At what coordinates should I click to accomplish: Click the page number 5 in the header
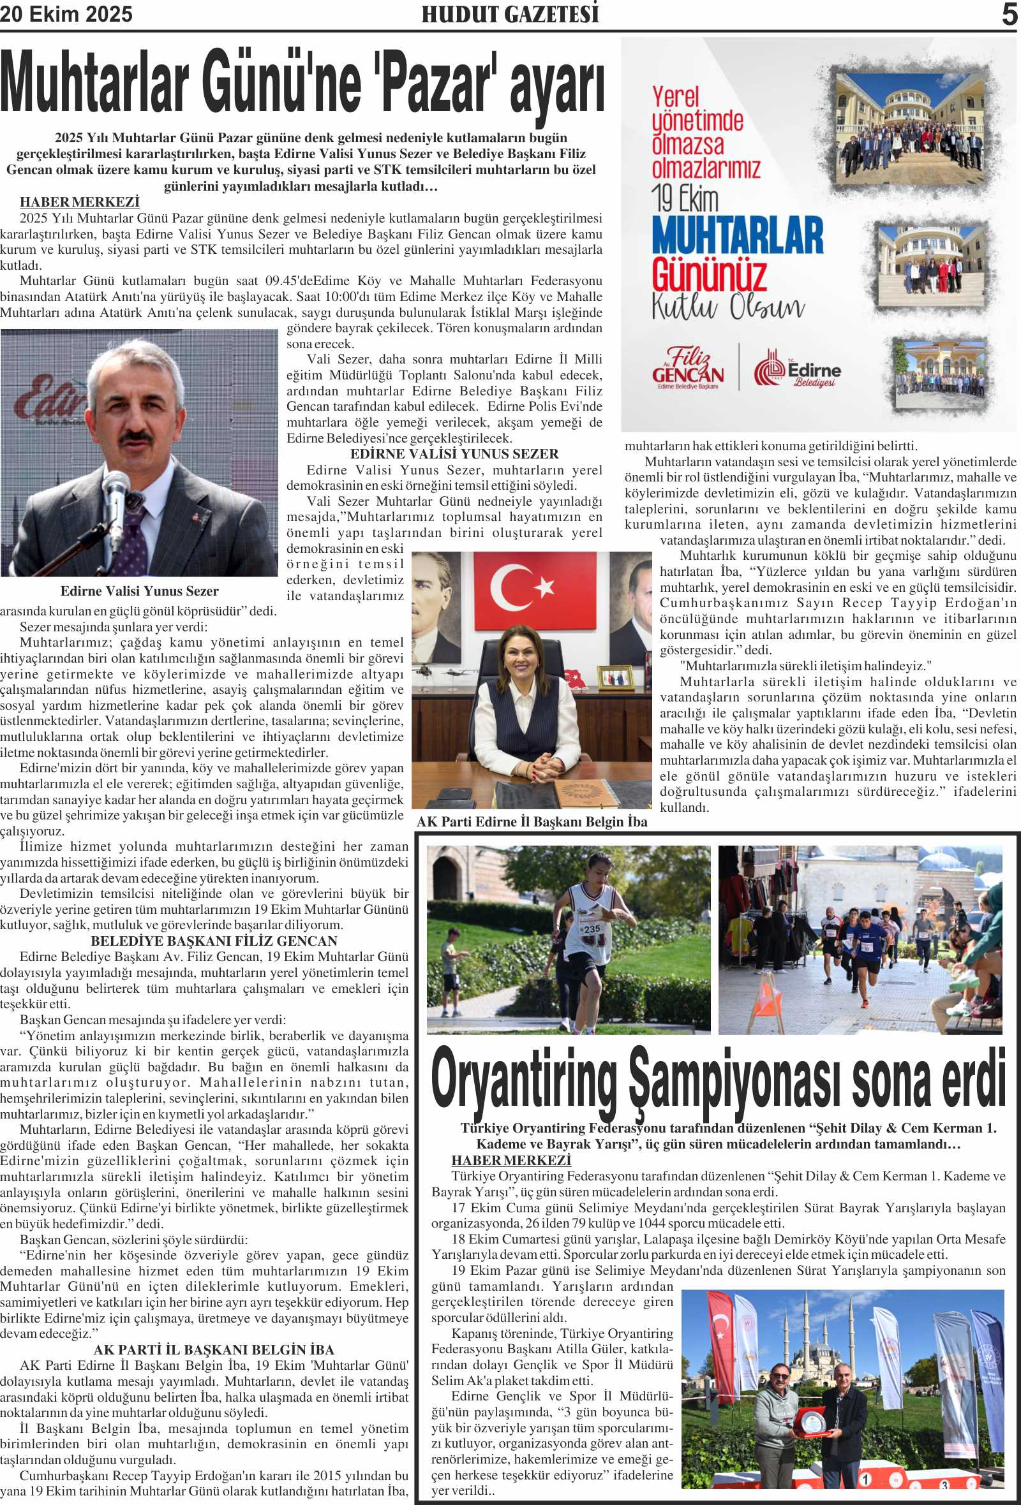(1010, 14)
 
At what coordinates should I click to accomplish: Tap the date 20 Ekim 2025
(66, 14)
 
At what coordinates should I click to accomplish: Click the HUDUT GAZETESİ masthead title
(510, 14)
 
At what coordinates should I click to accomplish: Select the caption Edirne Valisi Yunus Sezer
(139, 591)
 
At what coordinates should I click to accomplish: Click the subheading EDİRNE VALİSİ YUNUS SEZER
(454, 454)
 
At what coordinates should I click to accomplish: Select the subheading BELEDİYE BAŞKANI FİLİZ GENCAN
(214, 941)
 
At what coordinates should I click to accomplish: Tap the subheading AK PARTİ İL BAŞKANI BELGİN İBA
(214, 1350)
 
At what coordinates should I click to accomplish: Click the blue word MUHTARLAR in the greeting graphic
(737, 236)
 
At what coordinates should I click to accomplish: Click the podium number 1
(865, 1479)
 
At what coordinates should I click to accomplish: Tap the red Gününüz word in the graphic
(709, 275)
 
